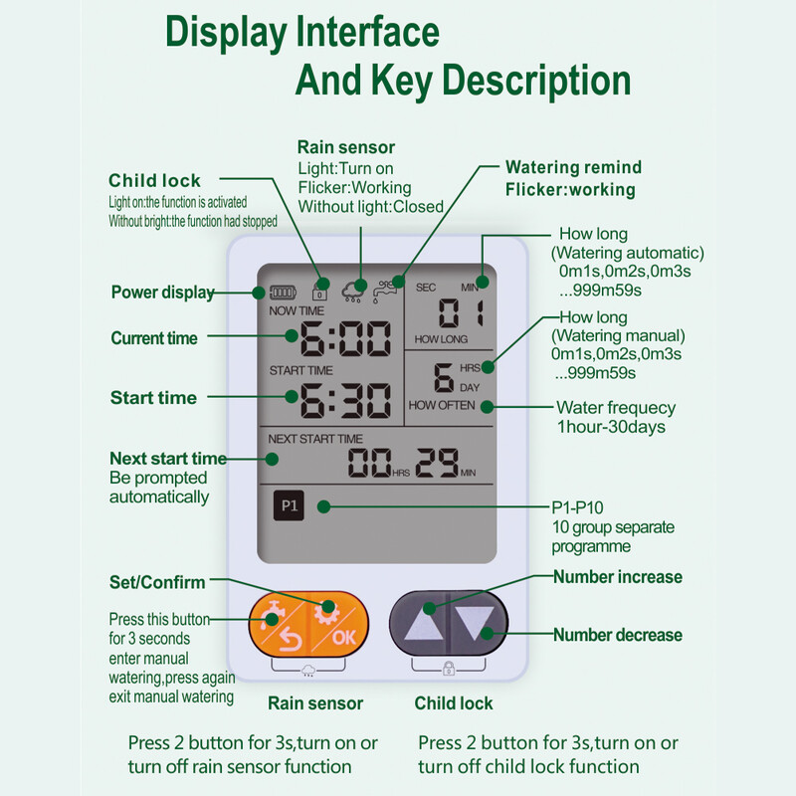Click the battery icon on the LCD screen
point(282,293)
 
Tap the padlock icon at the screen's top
point(319,292)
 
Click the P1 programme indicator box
point(290,506)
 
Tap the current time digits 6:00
point(344,339)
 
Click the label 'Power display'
point(162,293)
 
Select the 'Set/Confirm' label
point(157,582)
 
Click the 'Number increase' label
point(618,577)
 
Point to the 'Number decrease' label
point(618,635)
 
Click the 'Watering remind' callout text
point(573,167)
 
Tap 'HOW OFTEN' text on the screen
point(442,405)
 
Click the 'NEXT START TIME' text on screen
point(316,439)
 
